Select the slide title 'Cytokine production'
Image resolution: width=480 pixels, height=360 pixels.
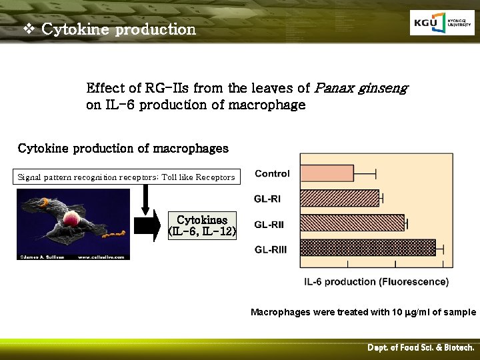coord(118,29)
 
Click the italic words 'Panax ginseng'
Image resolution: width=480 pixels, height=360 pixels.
coord(361,88)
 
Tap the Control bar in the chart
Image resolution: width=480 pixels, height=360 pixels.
coord(327,174)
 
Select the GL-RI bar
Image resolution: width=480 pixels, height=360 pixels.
coord(339,198)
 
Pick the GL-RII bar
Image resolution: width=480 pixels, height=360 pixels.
coord(352,223)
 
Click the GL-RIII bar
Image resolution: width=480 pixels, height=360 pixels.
coord(367,248)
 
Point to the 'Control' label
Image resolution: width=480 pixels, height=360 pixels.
coord(272,174)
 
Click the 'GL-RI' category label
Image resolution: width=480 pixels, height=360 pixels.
coord(269,199)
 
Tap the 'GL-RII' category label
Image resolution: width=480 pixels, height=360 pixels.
coord(269,225)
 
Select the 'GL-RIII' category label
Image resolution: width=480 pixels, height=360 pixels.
coord(271,249)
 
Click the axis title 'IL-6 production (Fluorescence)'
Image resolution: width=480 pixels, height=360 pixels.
coord(376,282)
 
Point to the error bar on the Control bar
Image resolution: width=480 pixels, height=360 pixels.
coord(365,174)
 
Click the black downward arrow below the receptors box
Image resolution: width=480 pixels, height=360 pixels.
coord(146,197)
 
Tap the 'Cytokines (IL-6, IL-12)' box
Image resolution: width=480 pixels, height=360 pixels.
coord(203,225)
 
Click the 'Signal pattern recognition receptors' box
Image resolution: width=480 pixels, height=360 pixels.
coord(126,177)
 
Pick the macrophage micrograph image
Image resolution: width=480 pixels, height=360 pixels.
coord(73,224)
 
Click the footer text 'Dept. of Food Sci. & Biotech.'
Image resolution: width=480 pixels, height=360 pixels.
coord(421,348)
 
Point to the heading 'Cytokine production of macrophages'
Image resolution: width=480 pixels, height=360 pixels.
coord(123,148)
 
